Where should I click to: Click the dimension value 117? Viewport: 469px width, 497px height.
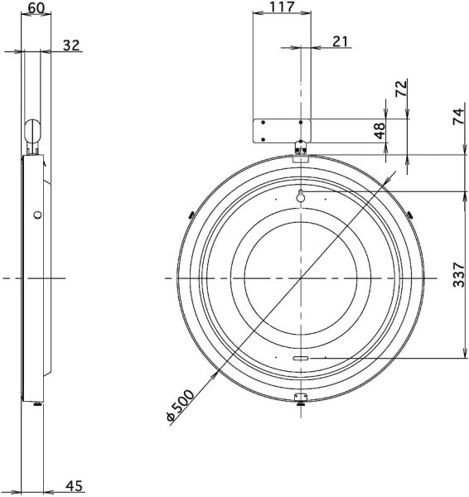pos(282,7)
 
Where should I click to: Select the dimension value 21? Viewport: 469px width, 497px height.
pos(341,41)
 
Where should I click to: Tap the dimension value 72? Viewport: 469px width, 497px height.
pos(401,89)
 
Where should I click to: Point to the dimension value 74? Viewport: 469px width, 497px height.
pos(458,117)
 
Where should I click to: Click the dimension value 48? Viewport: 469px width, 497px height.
pos(380,131)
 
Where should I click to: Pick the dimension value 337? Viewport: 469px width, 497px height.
pos(458,274)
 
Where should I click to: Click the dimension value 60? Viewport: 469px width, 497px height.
pos(36,8)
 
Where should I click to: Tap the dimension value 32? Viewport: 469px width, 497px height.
pos(71,46)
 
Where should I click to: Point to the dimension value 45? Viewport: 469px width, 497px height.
pos(75,486)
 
